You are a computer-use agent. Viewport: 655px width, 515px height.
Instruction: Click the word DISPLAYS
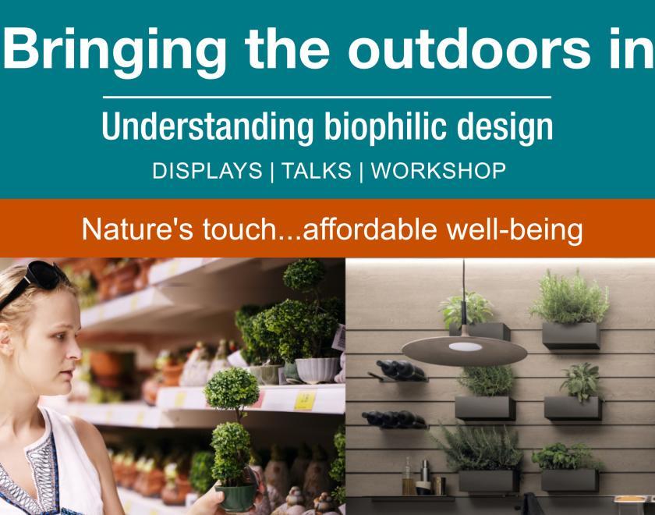[x=207, y=172]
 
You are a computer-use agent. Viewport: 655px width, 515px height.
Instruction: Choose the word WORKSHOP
[x=438, y=172]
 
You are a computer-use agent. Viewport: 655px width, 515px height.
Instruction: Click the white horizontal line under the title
[x=327, y=98]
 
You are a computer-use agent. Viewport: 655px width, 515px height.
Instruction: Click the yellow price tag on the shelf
[x=303, y=401]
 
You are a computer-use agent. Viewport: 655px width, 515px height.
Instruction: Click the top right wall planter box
[x=571, y=335]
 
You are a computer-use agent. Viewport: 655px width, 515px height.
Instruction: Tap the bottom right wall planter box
[x=569, y=478]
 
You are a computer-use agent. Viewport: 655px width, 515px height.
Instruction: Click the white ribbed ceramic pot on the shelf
[x=317, y=369]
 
